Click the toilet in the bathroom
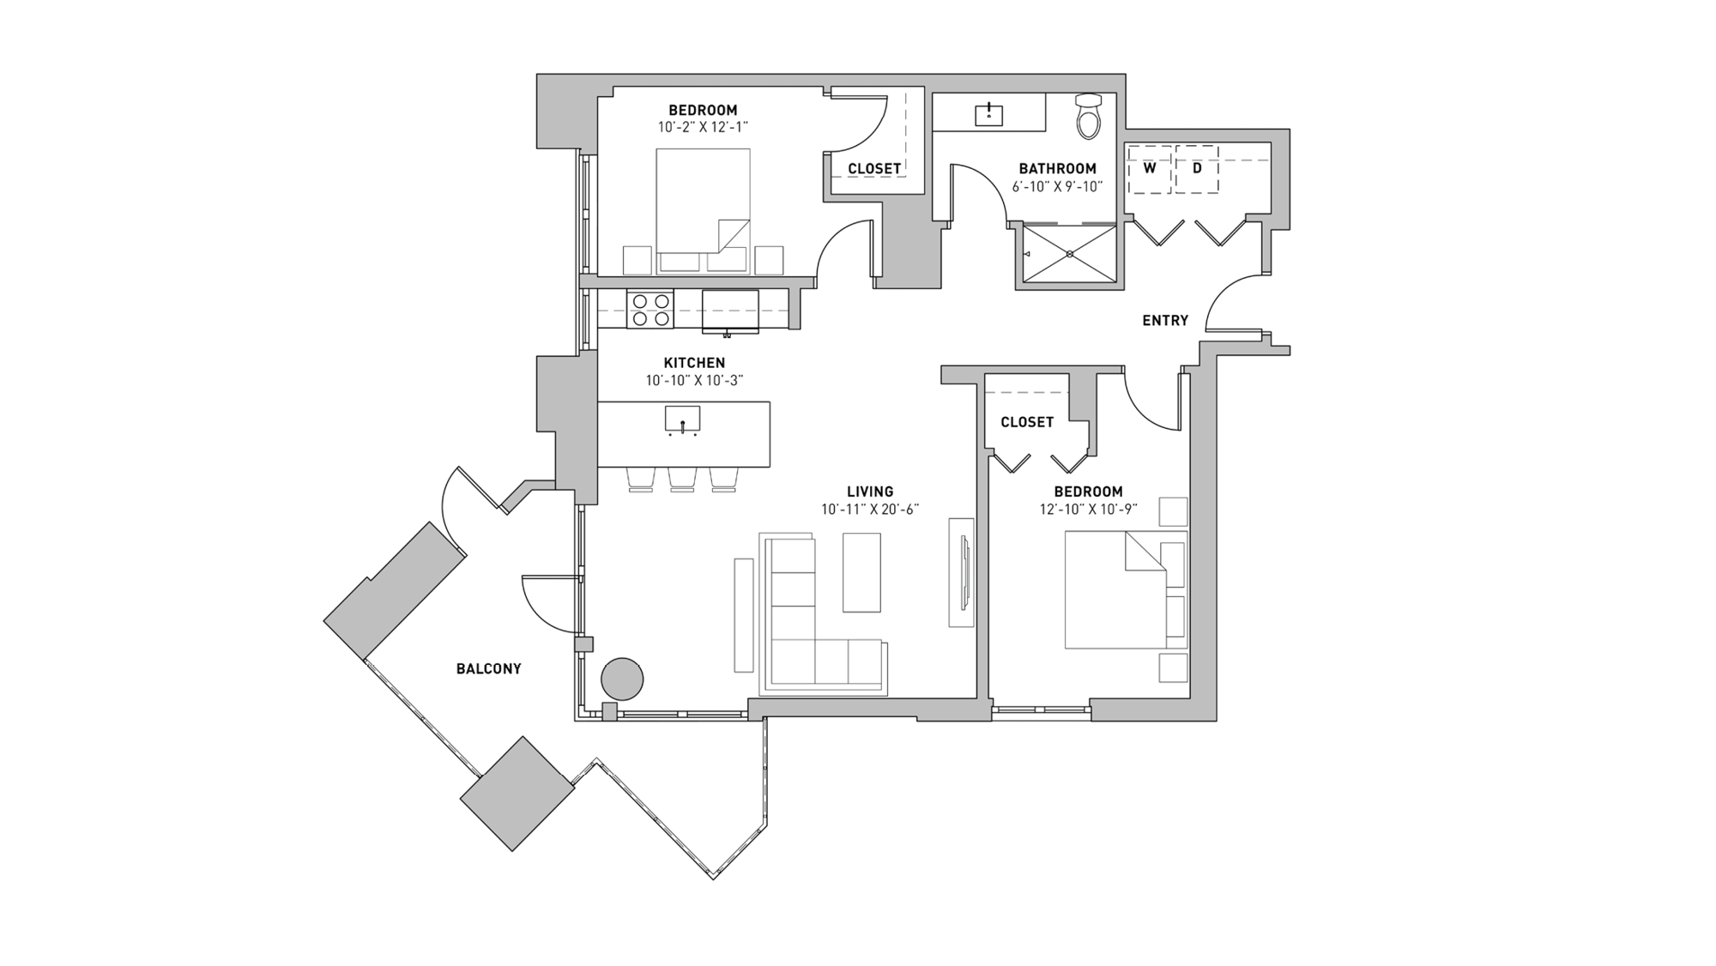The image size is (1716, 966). tap(1088, 118)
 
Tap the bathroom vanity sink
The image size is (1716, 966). tap(989, 113)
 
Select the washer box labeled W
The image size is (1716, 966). tap(1150, 169)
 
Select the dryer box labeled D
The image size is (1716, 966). tap(1197, 169)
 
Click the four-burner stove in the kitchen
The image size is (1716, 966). tap(650, 310)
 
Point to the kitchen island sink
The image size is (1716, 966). tap(682, 420)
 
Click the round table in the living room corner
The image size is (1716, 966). tap(622, 679)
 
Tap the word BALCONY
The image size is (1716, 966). tap(488, 669)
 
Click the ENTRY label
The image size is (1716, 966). tap(1165, 321)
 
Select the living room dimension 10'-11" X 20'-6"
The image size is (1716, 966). tap(870, 510)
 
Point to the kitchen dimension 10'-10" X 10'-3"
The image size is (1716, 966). tap(694, 381)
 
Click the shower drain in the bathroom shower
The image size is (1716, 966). tap(1070, 254)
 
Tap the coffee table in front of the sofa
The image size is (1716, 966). tap(861, 572)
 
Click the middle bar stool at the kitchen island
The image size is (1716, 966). tap(682, 479)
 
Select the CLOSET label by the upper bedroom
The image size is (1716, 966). tap(874, 169)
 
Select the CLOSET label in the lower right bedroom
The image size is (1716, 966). tap(1027, 422)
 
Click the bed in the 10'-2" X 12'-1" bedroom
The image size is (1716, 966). tap(703, 210)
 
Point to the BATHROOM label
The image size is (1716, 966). tap(1057, 169)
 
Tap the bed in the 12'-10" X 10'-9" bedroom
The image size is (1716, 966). tap(1115, 590)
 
